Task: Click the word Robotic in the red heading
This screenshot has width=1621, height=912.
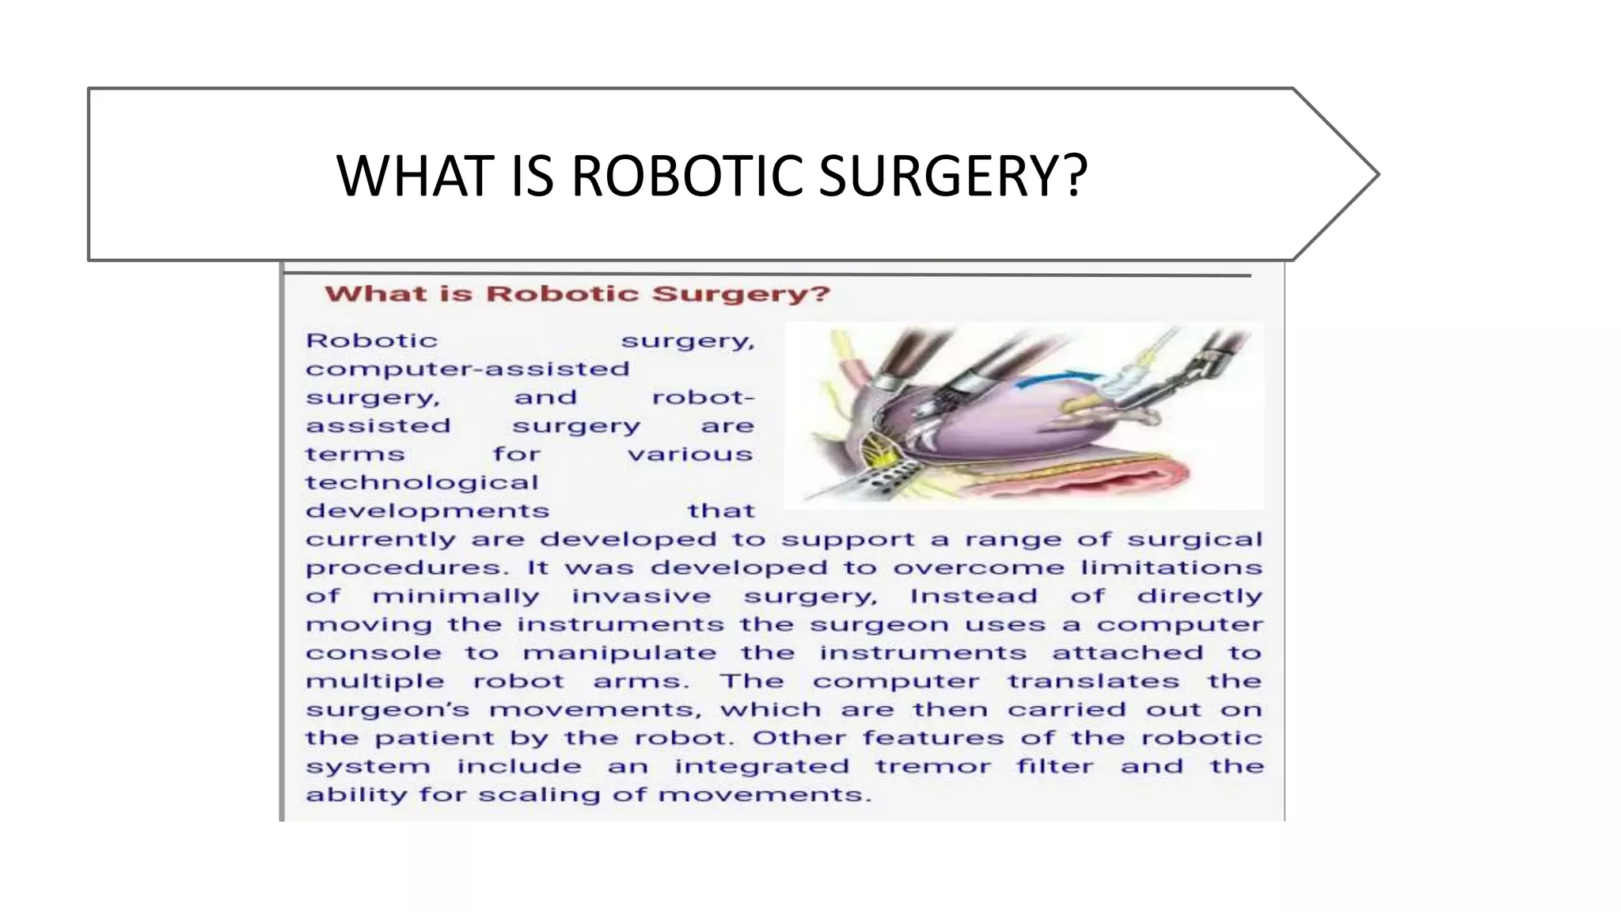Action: [x=562, y=294]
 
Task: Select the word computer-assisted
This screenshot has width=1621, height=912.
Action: [x=468, y=369]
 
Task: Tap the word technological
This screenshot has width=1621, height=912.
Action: [x=422, y=482]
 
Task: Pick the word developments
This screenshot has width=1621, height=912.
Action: [x=427, y=511]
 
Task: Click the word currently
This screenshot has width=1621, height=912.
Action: [x=381, y=540]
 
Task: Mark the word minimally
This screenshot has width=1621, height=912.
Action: [x=456, y=596]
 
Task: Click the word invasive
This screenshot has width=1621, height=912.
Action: [x=641, y=596]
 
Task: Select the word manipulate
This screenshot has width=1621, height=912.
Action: [x=620, y=653]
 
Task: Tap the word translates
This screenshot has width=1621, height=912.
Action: [x=1093, y=682]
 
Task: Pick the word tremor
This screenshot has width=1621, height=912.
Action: [x=932, y=766]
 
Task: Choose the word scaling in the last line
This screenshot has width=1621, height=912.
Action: [x=539, y=795]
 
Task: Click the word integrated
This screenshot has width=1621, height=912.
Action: [x=761, y=766]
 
